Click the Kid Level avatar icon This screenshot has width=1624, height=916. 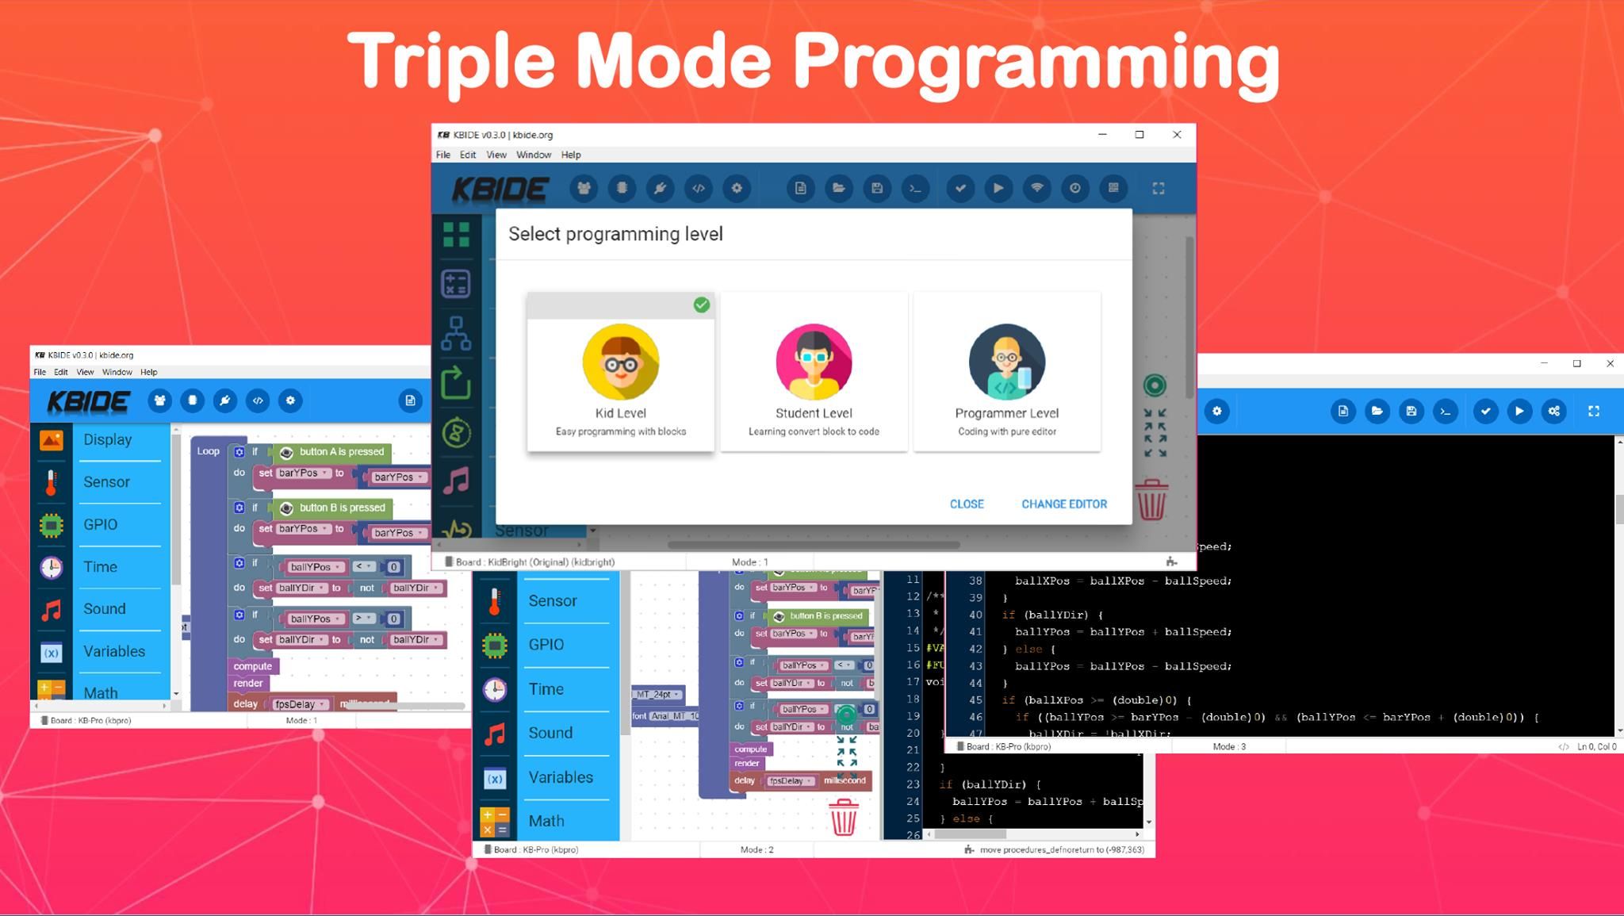click(x=620, y=362)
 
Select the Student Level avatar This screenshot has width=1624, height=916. click(x=814, y=362)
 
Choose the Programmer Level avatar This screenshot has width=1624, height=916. click(x=1006, y=362)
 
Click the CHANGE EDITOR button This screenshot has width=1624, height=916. click(x=1063, y=504)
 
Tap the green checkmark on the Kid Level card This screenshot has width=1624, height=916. click(x=701, y=305)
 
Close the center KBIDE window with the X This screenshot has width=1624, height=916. click(x=1177, y=135)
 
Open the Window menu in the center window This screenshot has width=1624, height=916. click(x=533, y=155)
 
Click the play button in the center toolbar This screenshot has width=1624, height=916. click(x=998, y=188)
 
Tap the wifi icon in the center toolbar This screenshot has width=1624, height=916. click(x=1036, y=188)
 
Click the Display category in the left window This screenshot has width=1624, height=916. click(x=108, y=439)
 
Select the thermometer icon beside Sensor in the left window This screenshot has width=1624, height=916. click(x=52, y=482)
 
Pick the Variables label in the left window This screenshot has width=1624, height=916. click(x=114, y=651)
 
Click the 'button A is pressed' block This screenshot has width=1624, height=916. click(x=341, y=452)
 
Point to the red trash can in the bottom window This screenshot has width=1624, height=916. click(x=843, y=817)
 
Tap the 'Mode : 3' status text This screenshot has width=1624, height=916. click(x=1228, y=746)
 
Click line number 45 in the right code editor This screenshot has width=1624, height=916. click(x=975, y=700)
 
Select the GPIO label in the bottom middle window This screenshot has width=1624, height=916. click(x=546, y=644)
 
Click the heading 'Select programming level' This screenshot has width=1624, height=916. click(x=615, y=234)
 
